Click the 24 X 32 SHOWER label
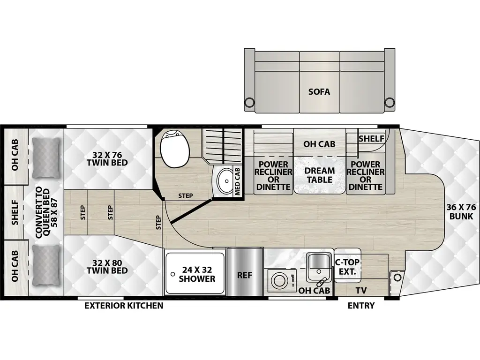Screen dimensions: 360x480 (x=197, y=274)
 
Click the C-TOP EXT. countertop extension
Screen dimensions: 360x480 (x=347, y=267)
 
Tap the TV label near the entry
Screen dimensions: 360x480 (x=360, y=291)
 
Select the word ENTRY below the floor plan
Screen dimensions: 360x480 (x=361, y=306)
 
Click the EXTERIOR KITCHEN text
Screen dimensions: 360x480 (x=124, y=306)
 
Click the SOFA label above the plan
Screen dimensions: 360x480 (x=319, y=91)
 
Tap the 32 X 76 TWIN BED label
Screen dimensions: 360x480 (x=107, y=157)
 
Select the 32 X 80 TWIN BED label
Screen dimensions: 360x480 (x=107, y=266)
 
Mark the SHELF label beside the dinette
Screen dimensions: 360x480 (x=371, y=139)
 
